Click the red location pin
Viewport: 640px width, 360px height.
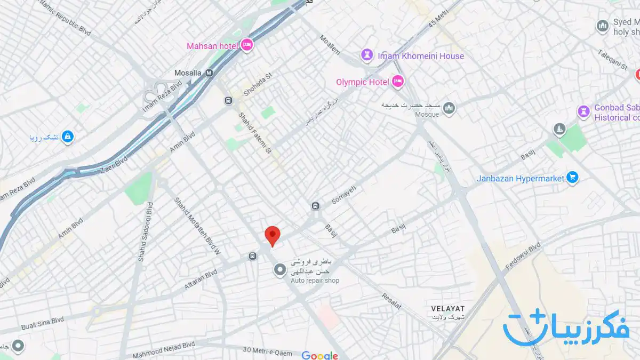click(x=273, y=235)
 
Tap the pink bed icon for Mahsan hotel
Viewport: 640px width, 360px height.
click(x=246, y=46)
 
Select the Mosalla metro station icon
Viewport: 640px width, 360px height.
click(x=209, y=73)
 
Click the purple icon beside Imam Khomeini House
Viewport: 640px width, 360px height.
click(x=366, y=55)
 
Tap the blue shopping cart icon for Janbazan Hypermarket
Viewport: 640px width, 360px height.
click(x=573, y=178)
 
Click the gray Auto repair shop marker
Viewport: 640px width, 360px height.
click(x=279, y=270)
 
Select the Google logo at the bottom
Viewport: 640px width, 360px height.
click(x=319, y=355)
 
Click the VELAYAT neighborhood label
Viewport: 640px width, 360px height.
click(x=447, y=309)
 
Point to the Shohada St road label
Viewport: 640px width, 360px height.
click(x=258, y=84)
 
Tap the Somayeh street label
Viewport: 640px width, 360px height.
click(x=343, y=196)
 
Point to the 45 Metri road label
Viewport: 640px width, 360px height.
click(x=439, y=19)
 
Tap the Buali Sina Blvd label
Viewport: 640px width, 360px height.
click(x=43, y=323)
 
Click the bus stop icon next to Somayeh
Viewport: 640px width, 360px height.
click(x=316, y=206)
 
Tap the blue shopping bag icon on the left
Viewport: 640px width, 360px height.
click(x=67, y=137)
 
